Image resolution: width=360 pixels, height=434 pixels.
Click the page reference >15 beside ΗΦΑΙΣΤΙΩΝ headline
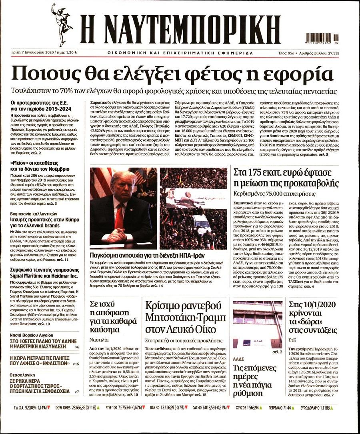click(76, 364)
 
